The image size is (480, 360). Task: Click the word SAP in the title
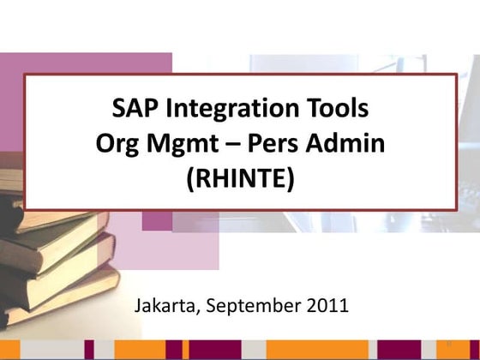point(133,110)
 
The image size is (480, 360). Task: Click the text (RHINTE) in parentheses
point(239,178)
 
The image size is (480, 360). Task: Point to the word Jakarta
point(168,304)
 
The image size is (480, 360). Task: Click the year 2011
point(327,304)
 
